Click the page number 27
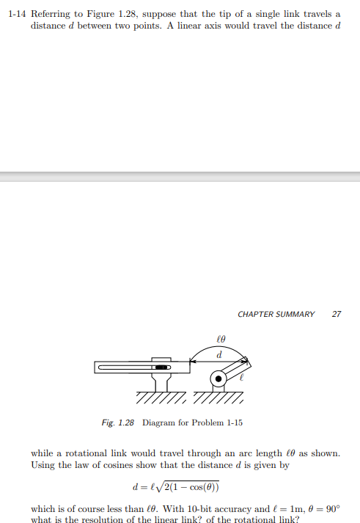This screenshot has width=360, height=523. tap(337, 314)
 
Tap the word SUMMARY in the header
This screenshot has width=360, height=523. tap(299, 314)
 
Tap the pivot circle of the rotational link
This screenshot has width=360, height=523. tap(218, 379)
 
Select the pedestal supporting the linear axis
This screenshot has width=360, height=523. tap(162, 382)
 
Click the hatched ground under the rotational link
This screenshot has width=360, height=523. tap(218, 399)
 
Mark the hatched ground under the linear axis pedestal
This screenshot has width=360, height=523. tap(161, 399)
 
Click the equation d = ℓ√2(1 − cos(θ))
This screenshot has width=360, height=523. tap(175, 487)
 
